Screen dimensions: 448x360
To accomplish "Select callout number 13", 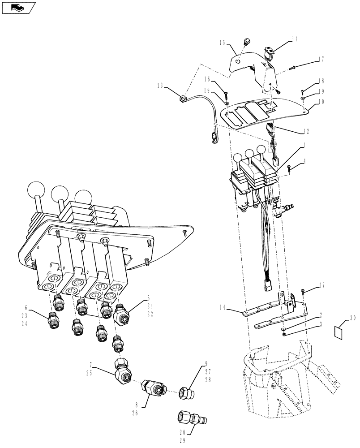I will (160, 85).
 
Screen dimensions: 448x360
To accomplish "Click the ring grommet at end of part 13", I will (183, 98).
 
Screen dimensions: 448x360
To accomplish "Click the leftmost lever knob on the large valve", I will (35, 191).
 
